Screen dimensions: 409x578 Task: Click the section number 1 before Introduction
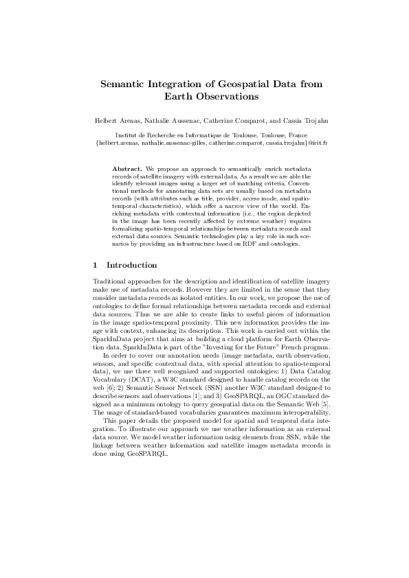click(94, 265)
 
